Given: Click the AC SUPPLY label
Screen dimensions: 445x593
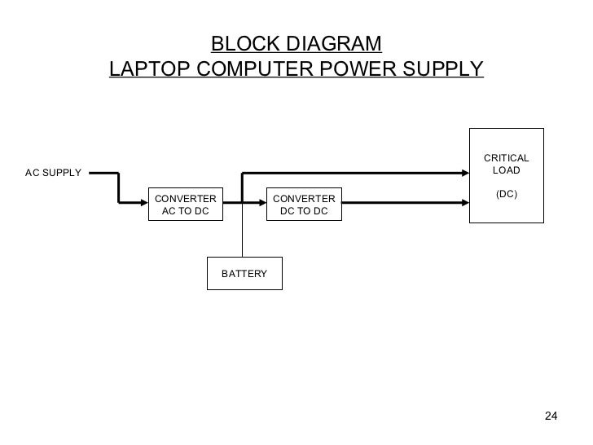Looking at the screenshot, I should (x=53, y=173).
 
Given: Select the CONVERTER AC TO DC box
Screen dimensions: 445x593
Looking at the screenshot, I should (x=186, y=205).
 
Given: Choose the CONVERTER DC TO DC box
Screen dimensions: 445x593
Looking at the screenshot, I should (x=304, y=205).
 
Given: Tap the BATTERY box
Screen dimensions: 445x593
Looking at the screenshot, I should (x=244, y=274).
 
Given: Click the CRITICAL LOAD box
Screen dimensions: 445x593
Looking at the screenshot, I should (x=507, y=175).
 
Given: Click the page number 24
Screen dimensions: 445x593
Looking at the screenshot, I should (x=551, y=417).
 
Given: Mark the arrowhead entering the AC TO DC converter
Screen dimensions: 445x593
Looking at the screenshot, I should (x=146, y=204).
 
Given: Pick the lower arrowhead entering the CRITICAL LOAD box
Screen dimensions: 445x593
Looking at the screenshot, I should (x=465, y=204).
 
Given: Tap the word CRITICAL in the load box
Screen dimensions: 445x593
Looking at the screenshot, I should (x=507, y=158).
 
